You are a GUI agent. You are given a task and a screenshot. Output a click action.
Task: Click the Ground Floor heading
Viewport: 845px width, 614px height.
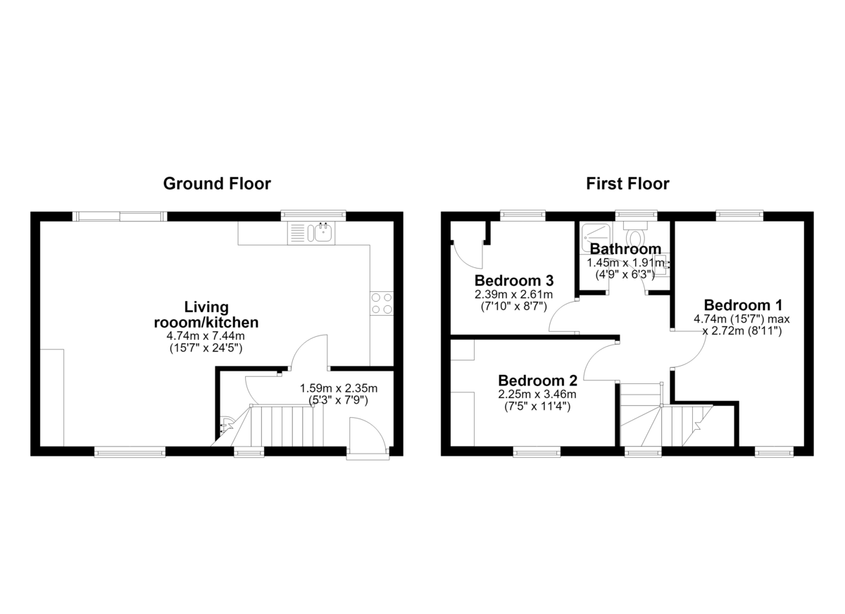[217, 184]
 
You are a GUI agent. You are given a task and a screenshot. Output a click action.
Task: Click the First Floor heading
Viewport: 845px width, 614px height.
[627, 184]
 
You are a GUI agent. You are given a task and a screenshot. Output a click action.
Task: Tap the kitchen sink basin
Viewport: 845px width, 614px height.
[324, 232]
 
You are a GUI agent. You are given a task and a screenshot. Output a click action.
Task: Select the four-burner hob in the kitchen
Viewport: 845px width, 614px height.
[382, 304]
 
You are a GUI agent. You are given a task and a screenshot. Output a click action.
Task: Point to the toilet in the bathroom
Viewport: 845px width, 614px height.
[635, 233]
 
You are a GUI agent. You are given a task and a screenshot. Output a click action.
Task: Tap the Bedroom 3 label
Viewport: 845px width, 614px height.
[514, 281]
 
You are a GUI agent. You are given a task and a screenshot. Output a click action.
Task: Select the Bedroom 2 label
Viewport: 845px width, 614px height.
[537, 380]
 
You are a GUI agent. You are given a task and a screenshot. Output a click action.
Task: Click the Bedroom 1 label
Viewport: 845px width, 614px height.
[743, 305]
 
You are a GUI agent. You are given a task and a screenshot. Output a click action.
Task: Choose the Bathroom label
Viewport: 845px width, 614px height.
[625, 249]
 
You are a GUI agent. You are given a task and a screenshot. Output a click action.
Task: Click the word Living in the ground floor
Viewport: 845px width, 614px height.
[206, 307]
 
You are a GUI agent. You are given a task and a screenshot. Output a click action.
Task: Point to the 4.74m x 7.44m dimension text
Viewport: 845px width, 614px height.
[206, 335]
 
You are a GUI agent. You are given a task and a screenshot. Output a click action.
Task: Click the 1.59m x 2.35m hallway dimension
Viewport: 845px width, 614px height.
[339, 388]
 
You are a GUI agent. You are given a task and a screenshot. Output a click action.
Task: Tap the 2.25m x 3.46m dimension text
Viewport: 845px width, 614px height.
[537, 395]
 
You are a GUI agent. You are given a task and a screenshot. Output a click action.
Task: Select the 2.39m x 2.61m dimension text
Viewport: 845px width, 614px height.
[514, 294]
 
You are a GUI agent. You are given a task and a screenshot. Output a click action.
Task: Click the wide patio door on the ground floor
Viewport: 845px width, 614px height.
[120, 216]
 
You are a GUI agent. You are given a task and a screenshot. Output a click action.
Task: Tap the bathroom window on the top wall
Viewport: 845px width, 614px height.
[636, 215]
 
